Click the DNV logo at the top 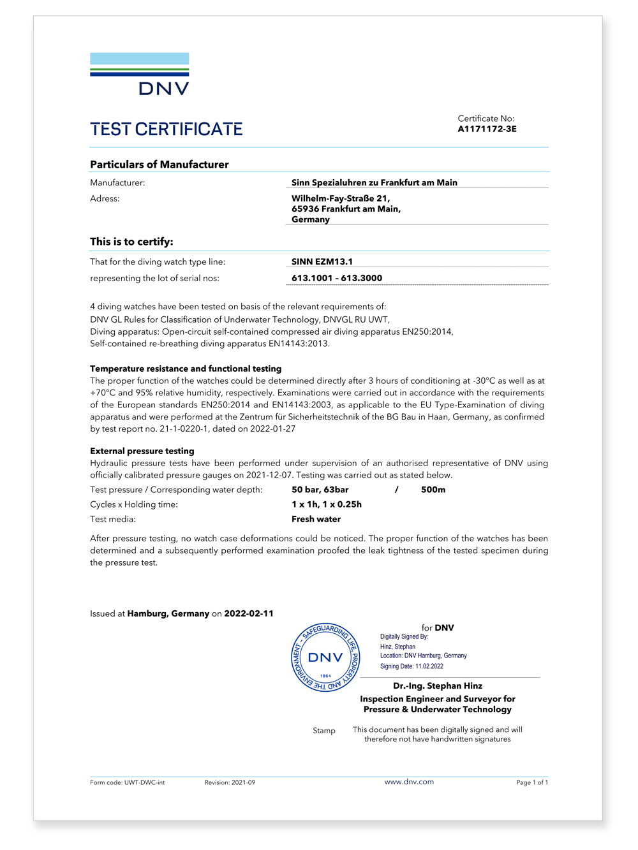[140, 74]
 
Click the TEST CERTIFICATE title [167, 129]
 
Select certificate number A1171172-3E [487, 129]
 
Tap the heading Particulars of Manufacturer [159, 165]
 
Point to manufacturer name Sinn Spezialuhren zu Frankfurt [374, 182]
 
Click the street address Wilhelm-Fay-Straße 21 [341, 198]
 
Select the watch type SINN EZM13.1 [322, 261]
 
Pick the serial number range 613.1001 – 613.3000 [337, 278]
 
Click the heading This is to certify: [131, 242]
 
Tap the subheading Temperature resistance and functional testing [186, 369]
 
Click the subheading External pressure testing [142, 451]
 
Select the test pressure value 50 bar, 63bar [320, 490]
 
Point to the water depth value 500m [433, 490]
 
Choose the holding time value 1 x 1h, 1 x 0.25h [327, 504]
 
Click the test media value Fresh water [316, 519]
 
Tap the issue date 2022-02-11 [249, 613]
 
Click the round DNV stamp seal [325, 657]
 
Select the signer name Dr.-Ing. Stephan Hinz [438, 686]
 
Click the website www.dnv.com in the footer [409, 782]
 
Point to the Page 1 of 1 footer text [532, 782]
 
